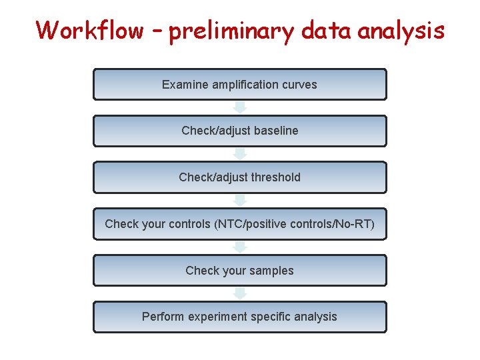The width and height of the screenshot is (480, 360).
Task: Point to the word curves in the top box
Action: click(x=299, y=85)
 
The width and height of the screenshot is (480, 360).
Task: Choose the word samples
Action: click(x=270, y=271)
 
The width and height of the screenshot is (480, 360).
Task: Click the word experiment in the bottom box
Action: click(x=219, y=317)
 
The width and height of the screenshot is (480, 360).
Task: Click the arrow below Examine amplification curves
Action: click(x=240, y=107)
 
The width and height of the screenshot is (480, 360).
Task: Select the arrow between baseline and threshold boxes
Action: click(x=240, y=154)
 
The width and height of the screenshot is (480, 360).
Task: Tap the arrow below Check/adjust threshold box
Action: click(x=240, y=200)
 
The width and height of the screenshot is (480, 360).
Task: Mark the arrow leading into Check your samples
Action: click(x=240, y=247)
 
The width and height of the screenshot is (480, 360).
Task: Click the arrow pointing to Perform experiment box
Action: click(x=240, y=293)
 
